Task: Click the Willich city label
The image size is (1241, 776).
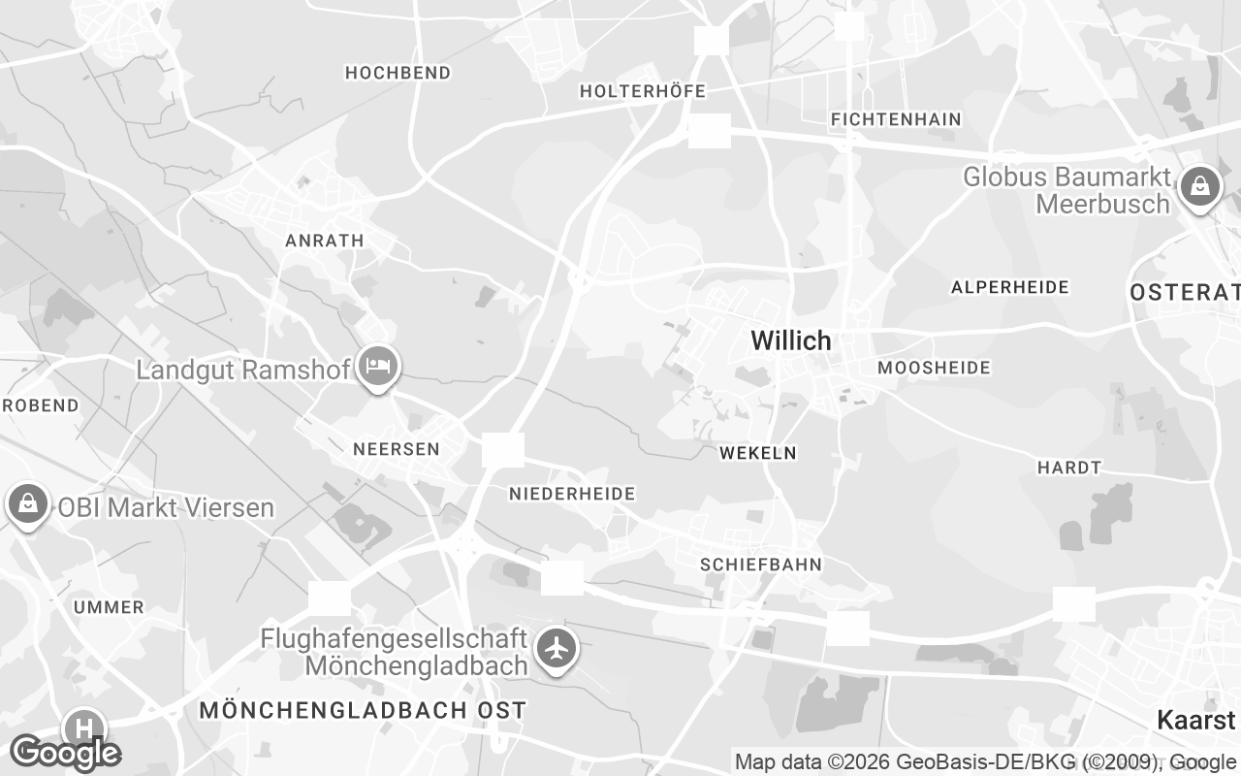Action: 791,340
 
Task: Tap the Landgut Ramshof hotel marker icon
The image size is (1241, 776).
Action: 377,367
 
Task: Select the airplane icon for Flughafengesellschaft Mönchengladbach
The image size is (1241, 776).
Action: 557,649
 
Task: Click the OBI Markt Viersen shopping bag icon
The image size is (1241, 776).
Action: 28,504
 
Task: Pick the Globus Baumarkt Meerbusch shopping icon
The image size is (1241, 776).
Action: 1200,185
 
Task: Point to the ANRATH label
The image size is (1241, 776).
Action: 324,241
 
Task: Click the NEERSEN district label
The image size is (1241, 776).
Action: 396,449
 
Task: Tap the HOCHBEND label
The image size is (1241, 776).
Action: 398,73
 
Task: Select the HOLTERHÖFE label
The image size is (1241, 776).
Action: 642,91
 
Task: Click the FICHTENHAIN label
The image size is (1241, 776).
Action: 896,119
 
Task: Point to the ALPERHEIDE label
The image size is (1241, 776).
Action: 1009,287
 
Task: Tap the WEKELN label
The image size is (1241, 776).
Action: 757,453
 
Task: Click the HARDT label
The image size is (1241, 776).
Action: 1069,468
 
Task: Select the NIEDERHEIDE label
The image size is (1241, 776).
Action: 572,494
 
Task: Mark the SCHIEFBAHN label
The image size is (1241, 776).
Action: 761,565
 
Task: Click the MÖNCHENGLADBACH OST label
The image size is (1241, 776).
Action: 363,710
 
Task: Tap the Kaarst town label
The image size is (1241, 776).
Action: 1196,720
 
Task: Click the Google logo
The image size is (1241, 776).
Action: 65,753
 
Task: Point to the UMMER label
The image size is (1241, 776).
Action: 109,607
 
